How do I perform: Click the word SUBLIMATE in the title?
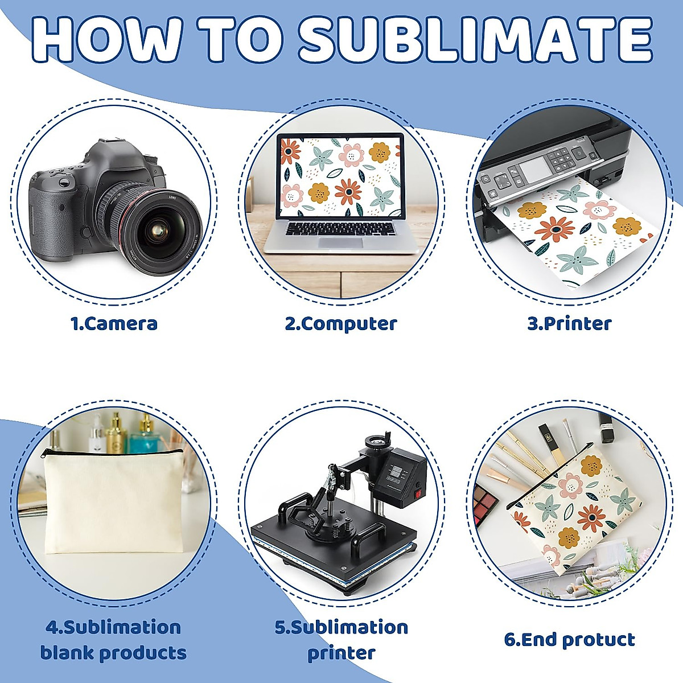475,39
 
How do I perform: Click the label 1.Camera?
114,323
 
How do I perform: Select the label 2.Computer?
341,323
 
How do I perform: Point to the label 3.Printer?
569,323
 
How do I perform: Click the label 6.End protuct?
569,639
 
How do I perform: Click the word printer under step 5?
341,652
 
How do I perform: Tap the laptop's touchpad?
340,242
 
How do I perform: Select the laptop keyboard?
340,228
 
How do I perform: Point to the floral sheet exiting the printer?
575,233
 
